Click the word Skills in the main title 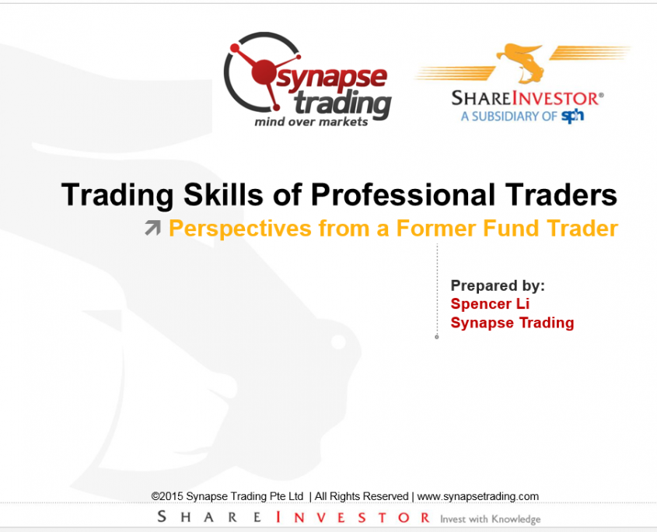point(223,194)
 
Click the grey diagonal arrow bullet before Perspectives point(153,228)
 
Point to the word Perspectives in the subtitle point(240,229)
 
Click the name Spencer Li point(490,304)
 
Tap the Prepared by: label point(498,285)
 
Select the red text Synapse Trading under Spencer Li point(512,323)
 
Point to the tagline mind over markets point(311,122)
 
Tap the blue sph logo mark point(572,116)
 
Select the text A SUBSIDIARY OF point(509,116)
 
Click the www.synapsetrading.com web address point(477,496)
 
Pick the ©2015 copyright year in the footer point(167,496)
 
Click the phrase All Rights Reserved point(362,496)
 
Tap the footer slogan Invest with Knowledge point(491,520)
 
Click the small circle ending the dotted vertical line point(437,337)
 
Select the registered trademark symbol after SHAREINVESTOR point(602,95)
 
